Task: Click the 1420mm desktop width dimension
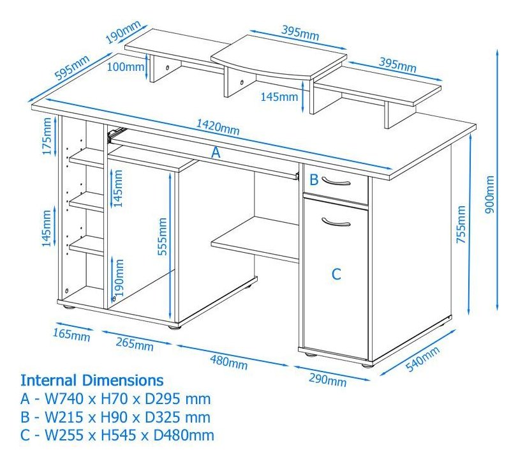[x=218, y=128]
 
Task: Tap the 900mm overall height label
[x=489, y=194]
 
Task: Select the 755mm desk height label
[x=461, y=225]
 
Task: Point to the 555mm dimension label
[x=163, y=236]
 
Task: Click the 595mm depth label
[x=72, y=68]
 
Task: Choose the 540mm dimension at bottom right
[x=422, y=359]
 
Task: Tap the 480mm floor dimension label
[x=228, y=361]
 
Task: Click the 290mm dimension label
[x=328, y=380]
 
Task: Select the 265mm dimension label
[x=135, y=344]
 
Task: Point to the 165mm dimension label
[x=71, y=334]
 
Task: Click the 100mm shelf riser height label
[x=126, y=67]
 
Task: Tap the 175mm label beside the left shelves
[x=47, y=136]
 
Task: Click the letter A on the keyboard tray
[x=216, y=153]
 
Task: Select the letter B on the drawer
[x=313, y=180]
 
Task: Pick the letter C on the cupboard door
[x=336, y=274]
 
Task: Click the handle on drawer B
[x=336, y=182]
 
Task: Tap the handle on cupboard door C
[x=336, y=222]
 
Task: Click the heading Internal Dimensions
[x=92, y=380]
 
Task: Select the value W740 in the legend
[x=64, y=398]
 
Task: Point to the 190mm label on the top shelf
[x=123, y=32]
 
